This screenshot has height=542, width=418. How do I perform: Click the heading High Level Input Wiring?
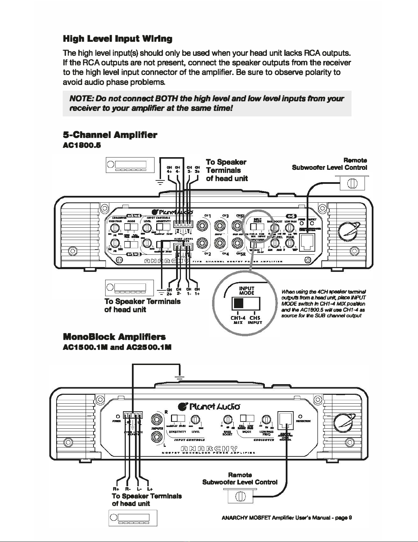tap(118, 38)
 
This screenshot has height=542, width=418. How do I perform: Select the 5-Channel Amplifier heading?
tap(110, 135)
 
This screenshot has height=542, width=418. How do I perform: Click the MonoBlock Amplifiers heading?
tap(114, 337)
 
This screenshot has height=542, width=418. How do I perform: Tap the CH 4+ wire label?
tap(169, 169)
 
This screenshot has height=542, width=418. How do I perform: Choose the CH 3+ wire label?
tap(197, 169)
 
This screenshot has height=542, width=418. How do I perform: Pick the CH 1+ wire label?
tap(197, 292)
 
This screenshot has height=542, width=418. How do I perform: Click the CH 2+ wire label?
tap(169, 292)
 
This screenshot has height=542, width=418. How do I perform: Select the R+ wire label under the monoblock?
tap(116, 489)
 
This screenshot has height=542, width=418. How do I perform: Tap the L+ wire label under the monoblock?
tap(150, 489)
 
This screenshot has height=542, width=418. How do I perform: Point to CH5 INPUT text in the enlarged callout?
tap(255, 320)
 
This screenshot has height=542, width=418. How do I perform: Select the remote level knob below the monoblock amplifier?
tap(240, 496)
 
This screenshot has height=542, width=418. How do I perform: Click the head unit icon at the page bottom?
tap(133, 518)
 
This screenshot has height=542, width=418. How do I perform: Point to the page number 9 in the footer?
tap(350, 517)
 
